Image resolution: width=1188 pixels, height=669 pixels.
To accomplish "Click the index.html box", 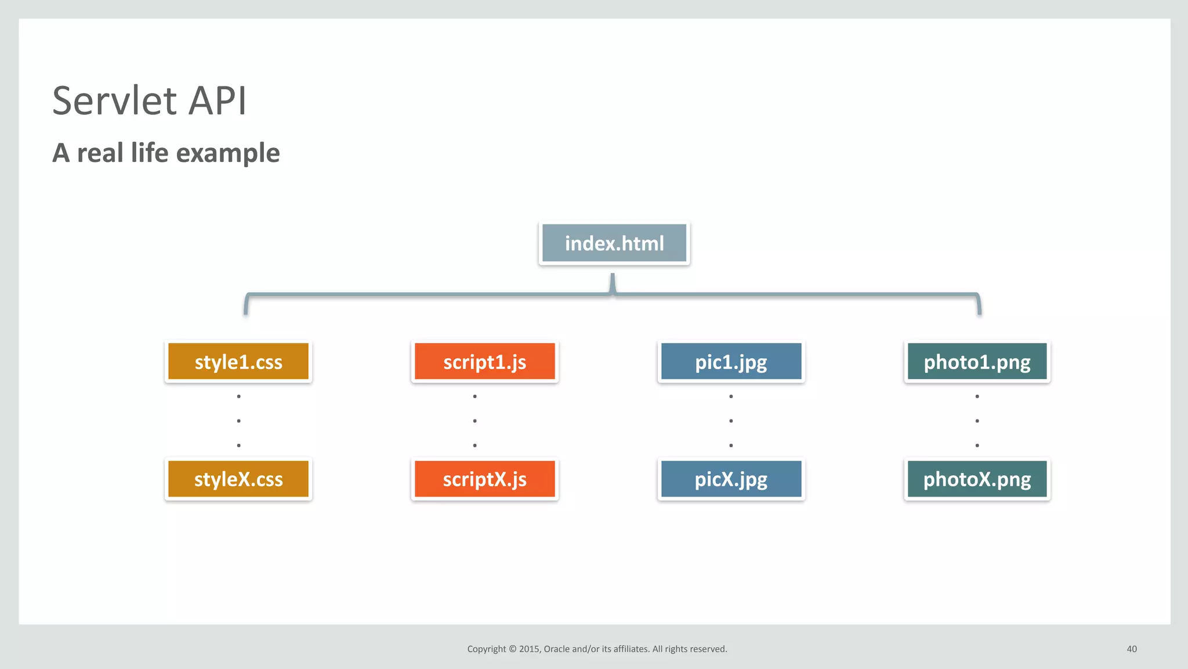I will point(614,244).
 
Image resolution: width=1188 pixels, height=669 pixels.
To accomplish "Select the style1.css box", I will point(238,362).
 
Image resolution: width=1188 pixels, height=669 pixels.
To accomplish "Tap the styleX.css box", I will point(238,479).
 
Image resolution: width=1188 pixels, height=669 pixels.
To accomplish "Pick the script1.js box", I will point(485,362).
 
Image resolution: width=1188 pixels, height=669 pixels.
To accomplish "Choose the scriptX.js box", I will point(485,479).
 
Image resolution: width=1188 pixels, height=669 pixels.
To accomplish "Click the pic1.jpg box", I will point(731,362).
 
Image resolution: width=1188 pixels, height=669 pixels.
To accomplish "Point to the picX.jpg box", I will point(731,479).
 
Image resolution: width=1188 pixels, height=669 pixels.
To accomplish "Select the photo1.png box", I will point(977,362).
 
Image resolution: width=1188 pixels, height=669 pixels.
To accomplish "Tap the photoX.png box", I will point(977,479).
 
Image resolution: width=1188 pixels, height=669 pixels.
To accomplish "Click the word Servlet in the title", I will point(114,101).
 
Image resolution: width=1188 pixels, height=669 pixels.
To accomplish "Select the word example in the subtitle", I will point(227,154).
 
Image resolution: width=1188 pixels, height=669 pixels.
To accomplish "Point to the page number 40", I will point(1132,649).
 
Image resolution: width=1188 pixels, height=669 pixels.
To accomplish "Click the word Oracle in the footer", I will point(556,649).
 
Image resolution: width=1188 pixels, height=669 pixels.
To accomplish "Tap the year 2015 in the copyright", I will point(529,649).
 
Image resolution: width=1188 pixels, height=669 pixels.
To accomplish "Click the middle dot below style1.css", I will point(238,421).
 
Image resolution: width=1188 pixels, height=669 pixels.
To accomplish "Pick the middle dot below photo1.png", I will point(977,421).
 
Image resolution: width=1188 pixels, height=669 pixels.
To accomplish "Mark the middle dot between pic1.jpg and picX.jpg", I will point(731,421).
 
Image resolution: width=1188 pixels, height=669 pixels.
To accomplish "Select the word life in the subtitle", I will point(150,153).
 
